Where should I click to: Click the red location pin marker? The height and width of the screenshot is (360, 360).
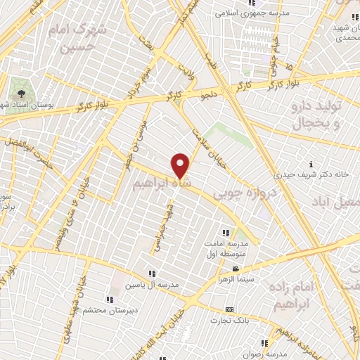point(181,166)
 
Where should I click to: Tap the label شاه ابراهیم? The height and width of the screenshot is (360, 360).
point(161,181)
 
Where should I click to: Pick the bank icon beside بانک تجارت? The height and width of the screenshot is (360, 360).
point(229,309)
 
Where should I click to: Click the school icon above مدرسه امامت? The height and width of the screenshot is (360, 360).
point(225,233)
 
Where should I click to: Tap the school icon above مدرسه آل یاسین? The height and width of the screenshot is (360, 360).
point(152,274)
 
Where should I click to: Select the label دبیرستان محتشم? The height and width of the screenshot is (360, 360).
point(98,309)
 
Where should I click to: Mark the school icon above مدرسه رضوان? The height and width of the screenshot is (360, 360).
point(264,343)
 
